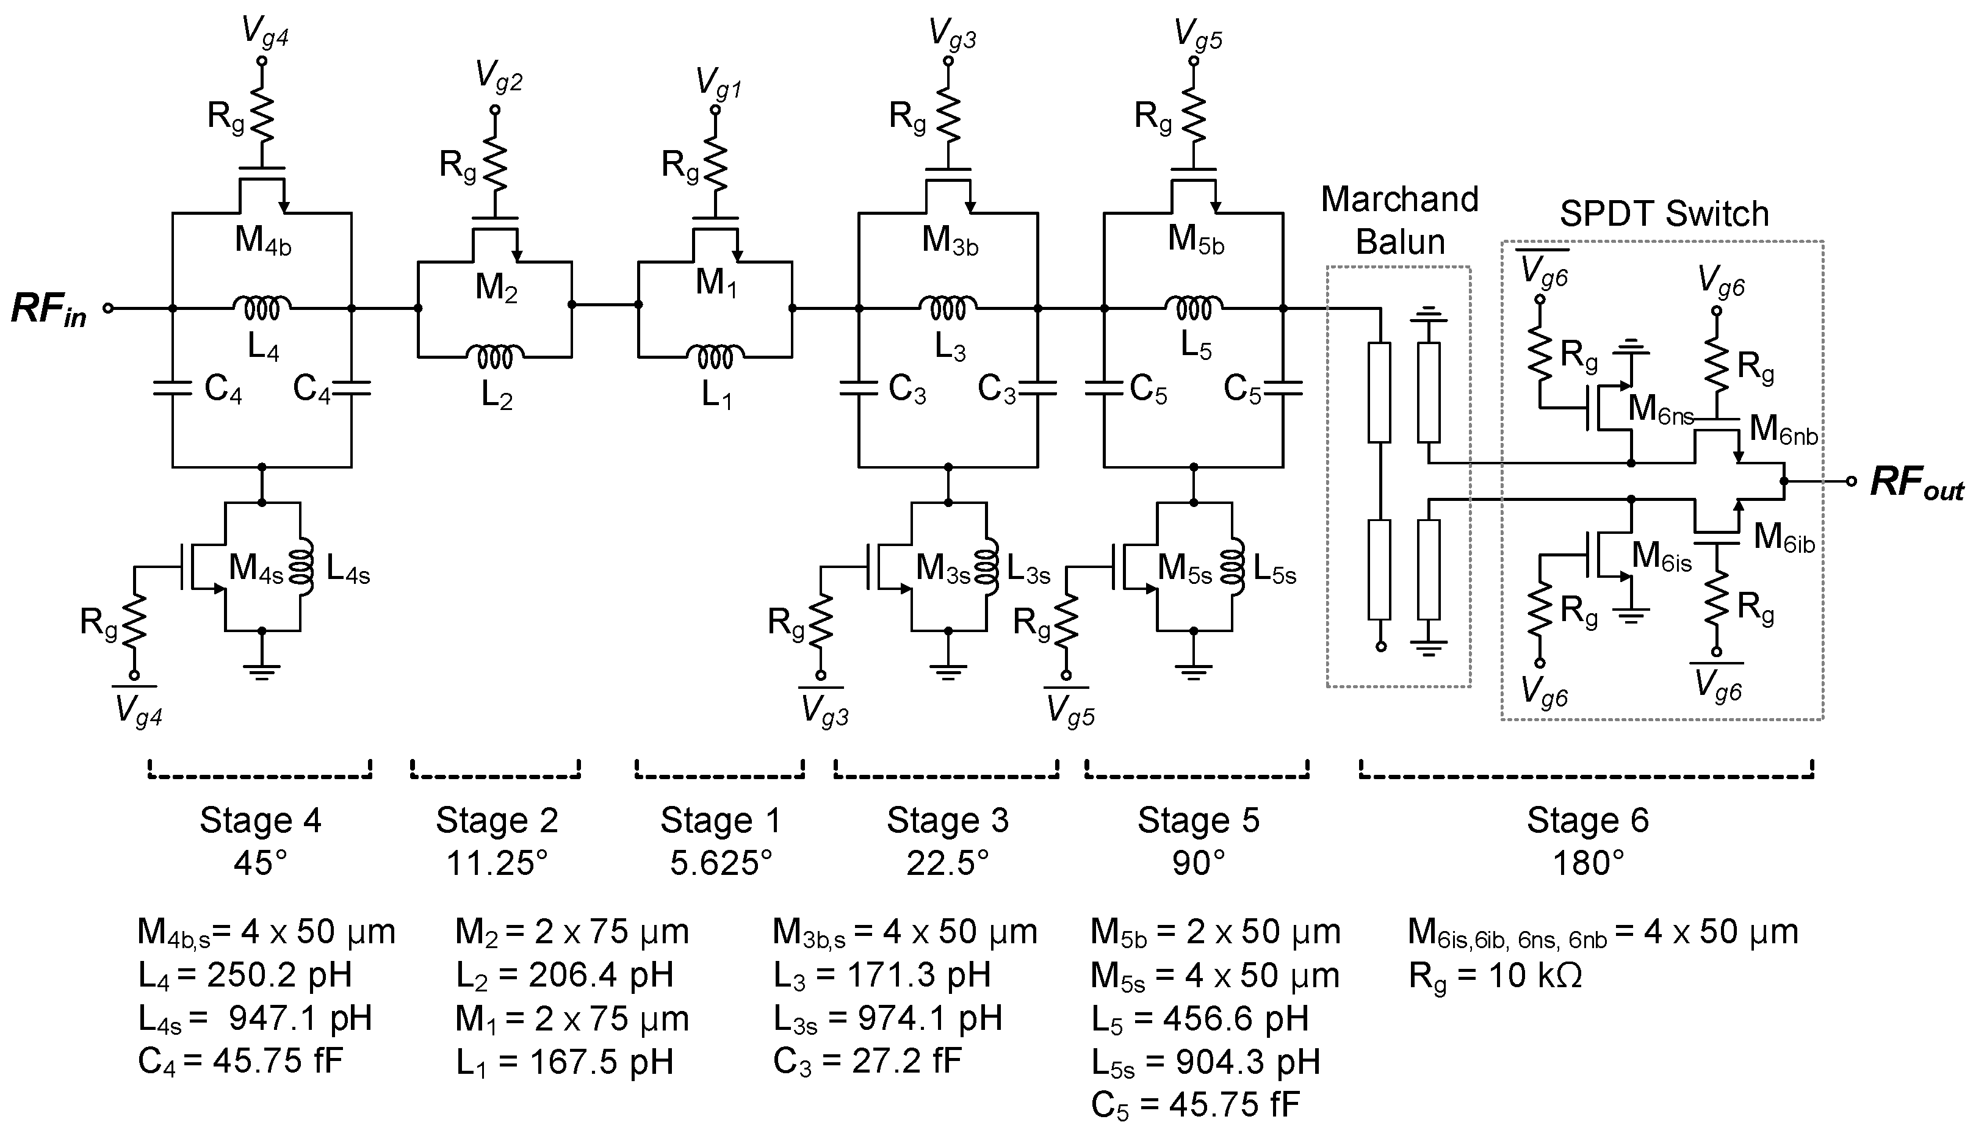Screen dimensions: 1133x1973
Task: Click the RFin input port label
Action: pyautogui.click(x=48, y=310)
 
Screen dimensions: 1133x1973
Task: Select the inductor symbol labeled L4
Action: pyautogui.click(x=262, y=308)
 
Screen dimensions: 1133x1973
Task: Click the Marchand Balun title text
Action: pyautogui.click(x=1399, y=220)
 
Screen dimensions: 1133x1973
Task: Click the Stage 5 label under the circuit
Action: pyautogui.click(x=1198, y=820)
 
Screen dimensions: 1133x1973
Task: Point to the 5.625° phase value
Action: pyautogui.click(x=721, y=863)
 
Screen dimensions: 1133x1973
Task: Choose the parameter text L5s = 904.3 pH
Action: pyautogui.click(x=1206, y=1062)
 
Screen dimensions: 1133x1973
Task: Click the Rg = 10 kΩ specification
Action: pyautogui.click(x=1495, y=976)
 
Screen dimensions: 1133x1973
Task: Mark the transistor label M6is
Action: pyautogui.click(x=1662, y=556)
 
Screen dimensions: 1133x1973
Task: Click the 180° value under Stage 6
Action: pyautogui.click(x=1588, y=863)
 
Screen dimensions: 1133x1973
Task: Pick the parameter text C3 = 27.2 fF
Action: pyautogui.click(x=868, y=1062)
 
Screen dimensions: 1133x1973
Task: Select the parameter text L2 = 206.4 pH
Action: pyautogui.click(x=564, y=976)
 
